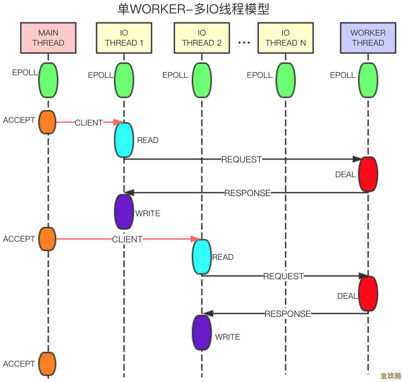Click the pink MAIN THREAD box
coord(48,38)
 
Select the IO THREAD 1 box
coord(124,38)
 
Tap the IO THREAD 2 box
coord(202,38)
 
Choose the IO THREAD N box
coord(286,38)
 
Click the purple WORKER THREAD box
coord(368,38)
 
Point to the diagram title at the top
coord(193,9)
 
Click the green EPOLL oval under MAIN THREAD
coord(48,80)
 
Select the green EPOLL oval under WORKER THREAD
coord(368,80)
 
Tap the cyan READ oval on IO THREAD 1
coord(124,140)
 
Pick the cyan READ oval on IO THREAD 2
coord(202,257)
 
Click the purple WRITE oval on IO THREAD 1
coord(124,212)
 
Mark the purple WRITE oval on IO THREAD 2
coord(202,333)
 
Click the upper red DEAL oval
coord(368,174)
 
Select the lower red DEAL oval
coord(368,294)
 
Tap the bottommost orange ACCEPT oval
coord(47,364)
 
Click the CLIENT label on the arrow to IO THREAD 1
coord(89,123)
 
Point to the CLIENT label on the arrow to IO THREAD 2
coord(127,239)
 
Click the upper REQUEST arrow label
coord(241,159)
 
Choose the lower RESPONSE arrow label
coord(288,314)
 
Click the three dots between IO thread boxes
coord(244,43)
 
